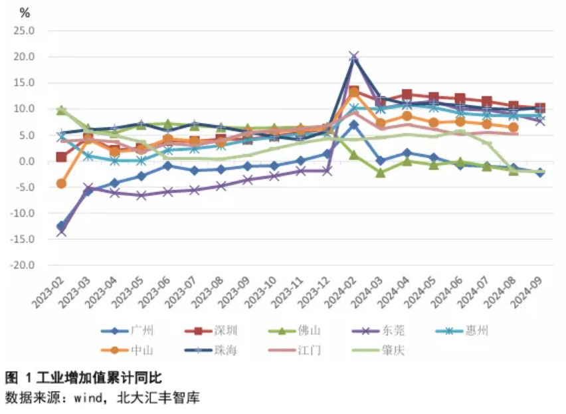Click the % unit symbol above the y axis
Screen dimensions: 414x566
[x=25, y=13]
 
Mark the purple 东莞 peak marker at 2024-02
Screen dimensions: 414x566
[x=353, y=57]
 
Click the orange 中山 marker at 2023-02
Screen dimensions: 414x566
[x=61, y=183]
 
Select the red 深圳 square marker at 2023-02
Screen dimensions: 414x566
[x=61, y=157]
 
